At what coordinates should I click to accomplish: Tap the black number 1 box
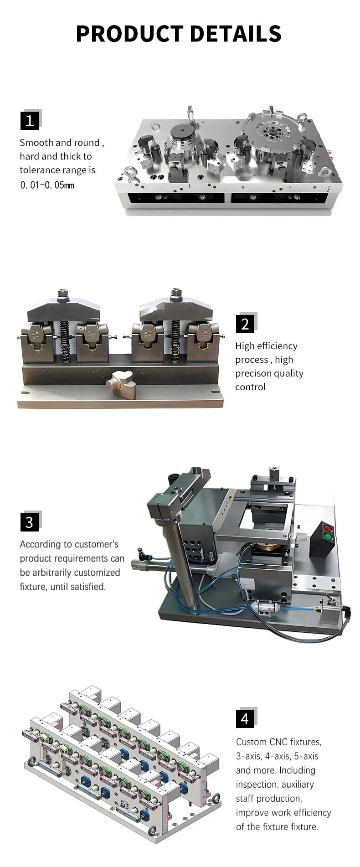[30, 121]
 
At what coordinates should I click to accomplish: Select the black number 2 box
[245, 324]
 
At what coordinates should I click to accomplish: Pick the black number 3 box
[30, 522]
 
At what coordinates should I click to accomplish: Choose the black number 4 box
[245, 718]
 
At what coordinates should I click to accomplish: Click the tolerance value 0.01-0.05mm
[47, 185]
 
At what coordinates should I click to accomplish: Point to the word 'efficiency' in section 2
[277, 346]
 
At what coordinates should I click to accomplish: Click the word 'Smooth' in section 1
[36, 143]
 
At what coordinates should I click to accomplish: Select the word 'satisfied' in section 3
[88, 587]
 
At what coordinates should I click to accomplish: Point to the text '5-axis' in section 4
[306, 756]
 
